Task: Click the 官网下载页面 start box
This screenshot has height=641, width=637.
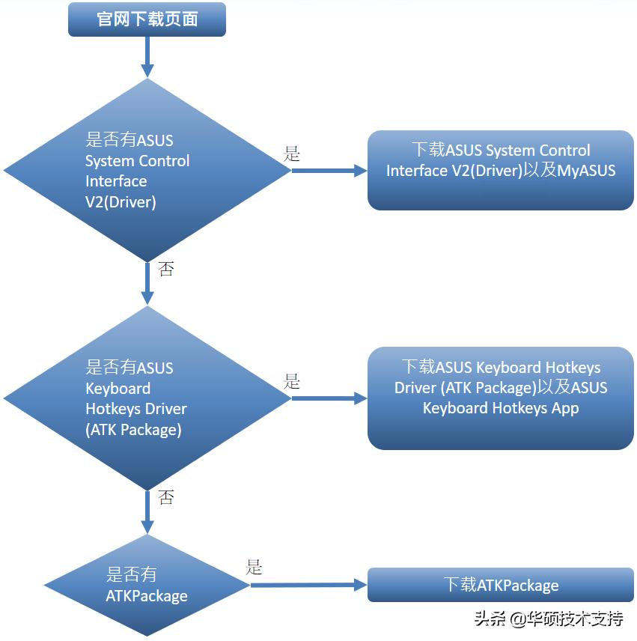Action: pyautogui.click(x=147, y=19)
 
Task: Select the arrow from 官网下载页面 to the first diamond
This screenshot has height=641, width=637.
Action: pyautogui.click(x=147, y=56)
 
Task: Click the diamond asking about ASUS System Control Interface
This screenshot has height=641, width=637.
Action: pyautogui.click(x=147, y=170)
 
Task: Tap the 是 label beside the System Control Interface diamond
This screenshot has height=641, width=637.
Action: pyautogui.click(x=292, y=154)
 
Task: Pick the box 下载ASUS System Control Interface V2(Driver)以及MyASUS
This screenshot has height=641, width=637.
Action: pyautogui.click(x=500, y=170)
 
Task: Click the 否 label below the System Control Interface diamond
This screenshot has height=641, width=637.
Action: pyautogui.click(x=166, y=269)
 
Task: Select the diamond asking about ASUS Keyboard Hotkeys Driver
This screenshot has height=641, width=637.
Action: pyautogui.click(x=147, y=398)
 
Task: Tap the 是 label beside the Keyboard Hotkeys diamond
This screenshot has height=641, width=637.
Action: pyautogui.click(x=292, y=382)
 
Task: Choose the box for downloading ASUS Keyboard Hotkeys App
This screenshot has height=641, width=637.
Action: pyautogui.click(x=500, y=398)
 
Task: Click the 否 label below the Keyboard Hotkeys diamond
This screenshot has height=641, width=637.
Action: pyautogui.click(x=166, y=497)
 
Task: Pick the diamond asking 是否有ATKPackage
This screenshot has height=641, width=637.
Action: pyautogui.click(x=147, y=585)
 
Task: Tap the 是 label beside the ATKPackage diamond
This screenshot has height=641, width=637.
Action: pyautogui.click(x=255, y=568)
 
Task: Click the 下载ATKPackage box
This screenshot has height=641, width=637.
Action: pyautogui.click(x=500, y=585)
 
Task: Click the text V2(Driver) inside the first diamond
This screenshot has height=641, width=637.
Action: pyautogui.click(x=121, y=201)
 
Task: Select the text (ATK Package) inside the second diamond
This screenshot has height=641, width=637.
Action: pyautogui.click(x=133, y=429)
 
